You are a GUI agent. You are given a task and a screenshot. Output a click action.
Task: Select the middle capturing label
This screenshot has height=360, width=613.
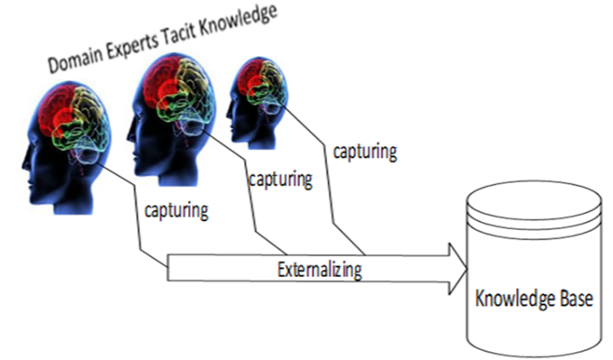[280, 181]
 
